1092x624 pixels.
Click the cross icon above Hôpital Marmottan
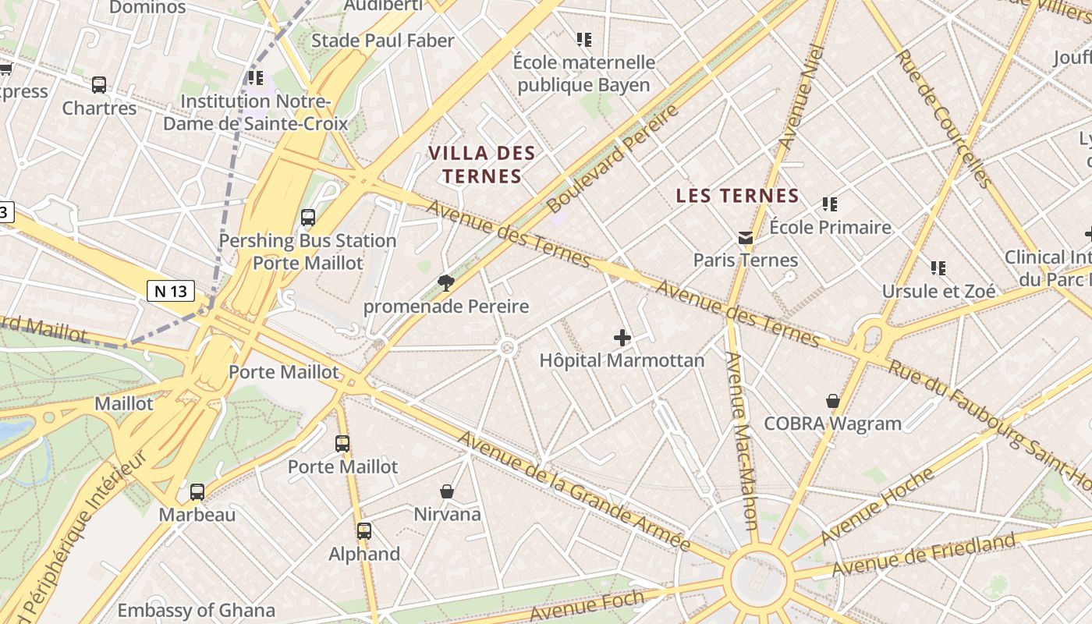click(x=622, y=338)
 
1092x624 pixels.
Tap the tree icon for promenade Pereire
click(x=446, y=282)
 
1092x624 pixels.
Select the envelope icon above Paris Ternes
click(x=746, y=237)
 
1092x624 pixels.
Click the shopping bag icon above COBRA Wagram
click(x=833, y=401)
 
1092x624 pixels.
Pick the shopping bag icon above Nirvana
click(x=447, y=491)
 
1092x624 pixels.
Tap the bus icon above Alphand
click(x=364, y=531)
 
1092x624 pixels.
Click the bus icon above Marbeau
click(x=197, y=492)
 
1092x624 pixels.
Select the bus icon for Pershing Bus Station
click(x=308, y=218)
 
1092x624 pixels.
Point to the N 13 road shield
click(x=171, y=291)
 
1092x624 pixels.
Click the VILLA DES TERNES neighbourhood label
click(x=482, y=165)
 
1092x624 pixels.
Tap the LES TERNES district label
click(x=737, y=196)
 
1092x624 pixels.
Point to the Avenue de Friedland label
click(x=924, y=555)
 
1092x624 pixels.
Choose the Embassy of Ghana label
click(x=196, y=610)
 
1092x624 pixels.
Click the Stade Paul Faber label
click(x=382, y=41)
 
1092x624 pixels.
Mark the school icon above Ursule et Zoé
click(x=938, y=268)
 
